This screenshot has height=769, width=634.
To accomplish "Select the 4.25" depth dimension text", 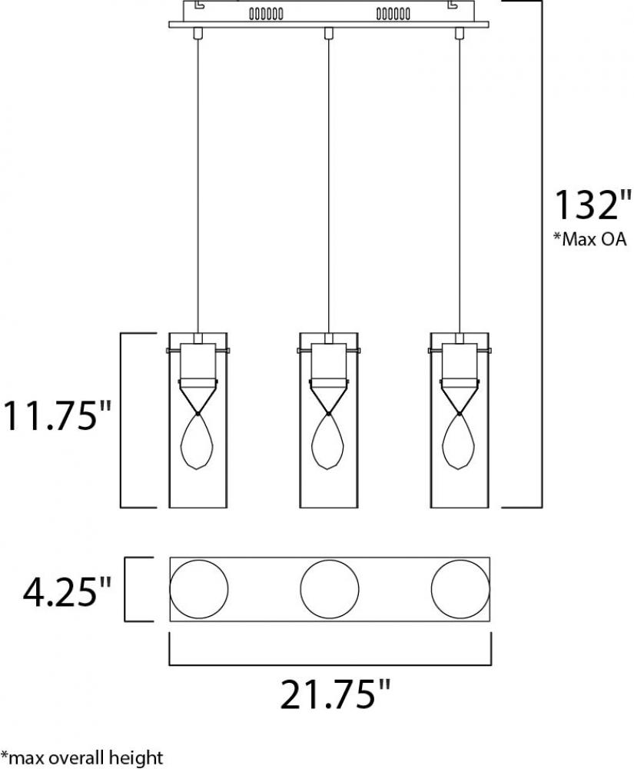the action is coord(67,591).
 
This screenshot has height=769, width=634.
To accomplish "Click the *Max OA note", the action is coord(590,239).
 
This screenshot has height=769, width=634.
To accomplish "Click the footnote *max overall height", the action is coord(81,757).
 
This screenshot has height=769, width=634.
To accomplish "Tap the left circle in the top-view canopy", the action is coord(199,588).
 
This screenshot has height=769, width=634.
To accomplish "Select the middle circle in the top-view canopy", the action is coord(330,588).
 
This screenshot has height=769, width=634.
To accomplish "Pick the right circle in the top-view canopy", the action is coord(460,588).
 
